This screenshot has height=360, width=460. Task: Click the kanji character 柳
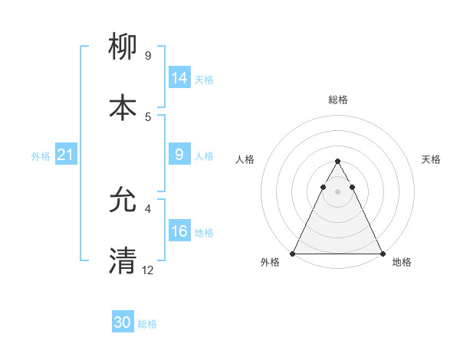tap(123, 47)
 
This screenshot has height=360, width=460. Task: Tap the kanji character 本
tap(123, 108)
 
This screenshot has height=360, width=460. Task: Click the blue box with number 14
tap(179, 78)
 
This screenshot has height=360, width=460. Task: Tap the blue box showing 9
tap(179, 155)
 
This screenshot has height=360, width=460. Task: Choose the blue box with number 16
tap(179, 231)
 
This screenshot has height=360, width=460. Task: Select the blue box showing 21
tap(65, 155)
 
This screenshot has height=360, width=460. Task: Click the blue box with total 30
tap(123, 322)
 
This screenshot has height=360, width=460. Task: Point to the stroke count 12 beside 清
tap(148, 270)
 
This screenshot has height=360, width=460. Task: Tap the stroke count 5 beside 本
tap(148, 117)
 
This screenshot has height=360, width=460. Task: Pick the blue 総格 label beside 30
tap(147, 324)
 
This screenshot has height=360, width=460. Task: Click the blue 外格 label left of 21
tap(41, 156)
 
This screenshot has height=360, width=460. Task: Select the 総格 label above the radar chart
tap(337, 100)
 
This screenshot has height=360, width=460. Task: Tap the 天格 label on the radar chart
tap(431, 159)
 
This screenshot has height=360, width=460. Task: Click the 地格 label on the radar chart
tap(402, 262)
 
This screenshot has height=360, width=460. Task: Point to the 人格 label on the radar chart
tap(245, 159)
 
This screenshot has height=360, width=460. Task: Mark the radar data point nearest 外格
tap(293, 254)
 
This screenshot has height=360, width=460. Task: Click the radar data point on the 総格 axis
tap(337, 162)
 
